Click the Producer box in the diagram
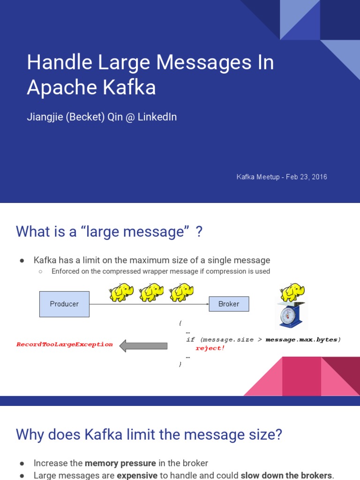64,304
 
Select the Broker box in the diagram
229,304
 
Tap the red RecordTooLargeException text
65,344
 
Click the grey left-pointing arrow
143,346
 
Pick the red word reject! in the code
210,348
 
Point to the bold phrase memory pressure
120,463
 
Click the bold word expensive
137,475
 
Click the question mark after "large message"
199,231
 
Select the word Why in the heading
30,435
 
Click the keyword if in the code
190,339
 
